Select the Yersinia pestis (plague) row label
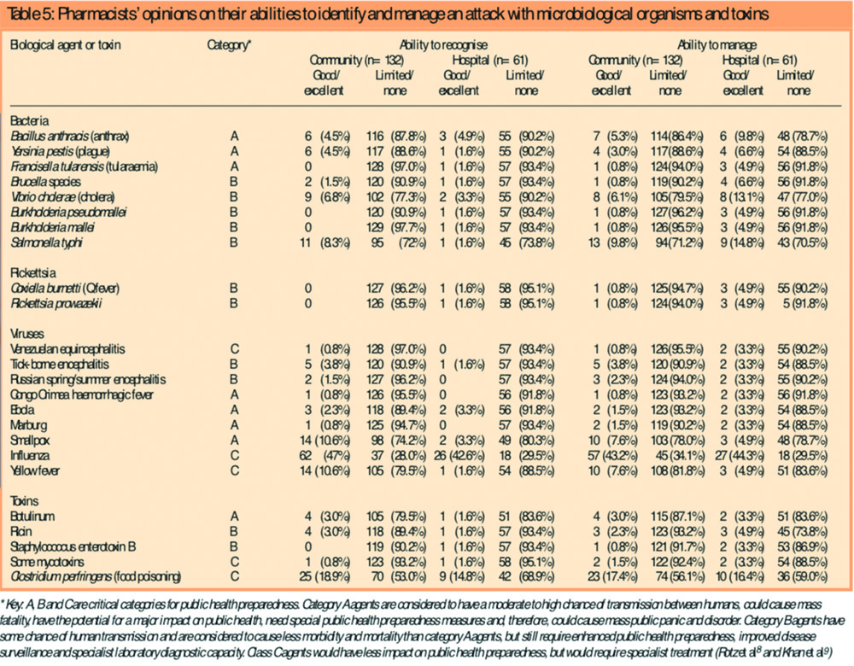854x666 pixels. pyautogui.click(x=57, y=151)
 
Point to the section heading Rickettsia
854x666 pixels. pyautogui.click(x=32, y=272)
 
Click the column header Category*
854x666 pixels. pyautogui.click(x=229, y=43)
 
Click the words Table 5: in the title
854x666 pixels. pyautogui.click(x=28, y=13)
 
